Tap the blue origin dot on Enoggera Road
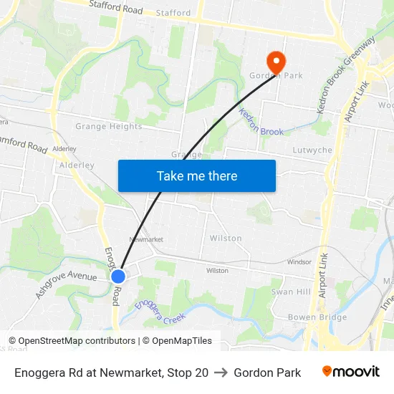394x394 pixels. pyautogui.click(x=118, y=276)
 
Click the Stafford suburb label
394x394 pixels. pyautogui.click(x=173, y=13)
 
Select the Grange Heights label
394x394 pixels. pyautogui.click(x=109, y=127)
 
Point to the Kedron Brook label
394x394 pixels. pyautogui.click(x=261, y=122)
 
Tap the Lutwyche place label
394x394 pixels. pyautogui.click(x=312, y=150)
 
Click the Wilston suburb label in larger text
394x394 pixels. pyautogui.click(x=226, y=238)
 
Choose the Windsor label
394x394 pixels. pyautogui.click(x=299, y=262)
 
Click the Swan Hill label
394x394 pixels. pyautogui.click(x=291, y=292)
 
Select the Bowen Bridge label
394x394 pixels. pyautogui.click(x=317, y=317)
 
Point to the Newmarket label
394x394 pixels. pyautogui.click(x=146, y=239)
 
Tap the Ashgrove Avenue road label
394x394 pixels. pyautogui.click(x=66, y=285)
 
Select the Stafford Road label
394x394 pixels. pyautogui.click(x=115, y=8)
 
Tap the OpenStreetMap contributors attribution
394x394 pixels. pyautogui.click(x=72, y=341)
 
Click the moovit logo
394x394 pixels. pyautogui.click(x=350, y=372)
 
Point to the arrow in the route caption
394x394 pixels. pyautogui.click(x=221, y=373)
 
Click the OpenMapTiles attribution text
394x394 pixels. pyautogui.click(x=178, y=341)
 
